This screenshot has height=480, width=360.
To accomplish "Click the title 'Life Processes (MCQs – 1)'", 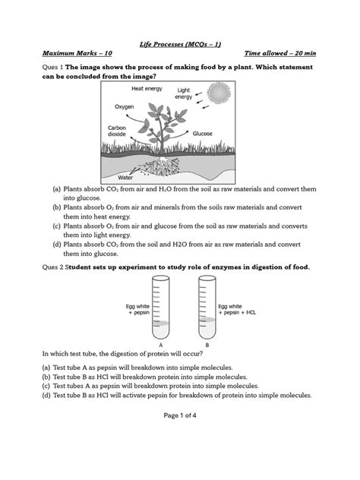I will click(x=181, y=46).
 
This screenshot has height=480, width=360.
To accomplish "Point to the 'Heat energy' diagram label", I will click(x=147, y=89).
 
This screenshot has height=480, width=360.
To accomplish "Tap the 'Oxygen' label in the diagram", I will click(x=126, y=107).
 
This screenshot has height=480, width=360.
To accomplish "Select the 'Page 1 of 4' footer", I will click(x=180, y=415).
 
